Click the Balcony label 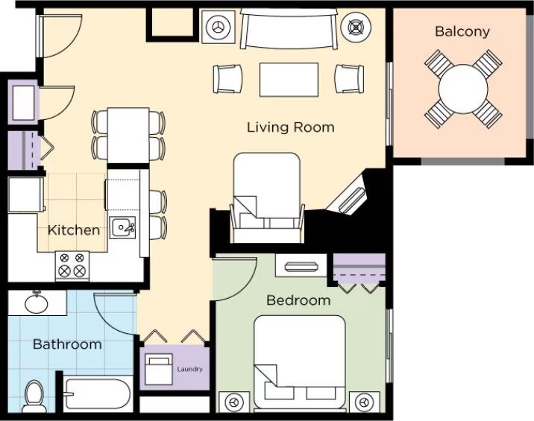point(462,31)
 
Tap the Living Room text point(291,127)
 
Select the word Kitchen point(74,230)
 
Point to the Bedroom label point(298,300)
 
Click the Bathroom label point(67,344)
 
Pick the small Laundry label point(189,369)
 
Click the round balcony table point(463,89)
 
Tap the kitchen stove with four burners point(72,266)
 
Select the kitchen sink point(122,228)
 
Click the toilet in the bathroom point(34,396)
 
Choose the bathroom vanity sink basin point(36,303)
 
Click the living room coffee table point(289,80)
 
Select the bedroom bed point(300,362)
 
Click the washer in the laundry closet point(159,370)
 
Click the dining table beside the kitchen point(128,135)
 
